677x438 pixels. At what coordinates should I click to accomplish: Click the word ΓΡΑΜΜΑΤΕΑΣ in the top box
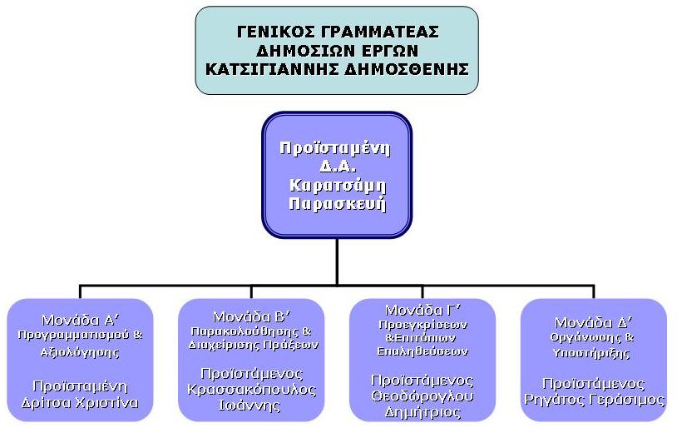pos(380,32)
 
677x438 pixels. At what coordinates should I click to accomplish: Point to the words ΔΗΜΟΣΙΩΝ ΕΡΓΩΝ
pos(337,51)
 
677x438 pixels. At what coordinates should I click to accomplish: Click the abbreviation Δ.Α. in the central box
pos(337,167)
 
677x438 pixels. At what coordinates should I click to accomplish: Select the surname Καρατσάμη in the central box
pos(338,186)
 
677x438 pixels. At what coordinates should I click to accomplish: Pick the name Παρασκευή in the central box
pos(337,204)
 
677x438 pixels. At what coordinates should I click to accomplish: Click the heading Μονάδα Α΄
pos(81,321)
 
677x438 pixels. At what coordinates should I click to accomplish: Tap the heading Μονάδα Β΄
pos(252,317)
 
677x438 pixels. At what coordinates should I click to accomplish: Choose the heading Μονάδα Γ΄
pos(423,310)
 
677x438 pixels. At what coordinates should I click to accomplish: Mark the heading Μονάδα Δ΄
pos(594,322)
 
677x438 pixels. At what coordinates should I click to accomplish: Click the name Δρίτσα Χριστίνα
pos(81,403)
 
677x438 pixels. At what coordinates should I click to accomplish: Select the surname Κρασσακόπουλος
pos(252,390)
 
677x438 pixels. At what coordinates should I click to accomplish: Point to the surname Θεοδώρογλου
pos(423,396)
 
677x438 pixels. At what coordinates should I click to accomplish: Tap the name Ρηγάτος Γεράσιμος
pos(594,400)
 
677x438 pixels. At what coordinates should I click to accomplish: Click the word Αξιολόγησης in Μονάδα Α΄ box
pos(81,352)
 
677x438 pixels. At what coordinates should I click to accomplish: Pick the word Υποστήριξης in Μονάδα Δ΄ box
pos(591,353)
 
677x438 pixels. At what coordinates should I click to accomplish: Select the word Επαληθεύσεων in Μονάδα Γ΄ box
pos(423,351)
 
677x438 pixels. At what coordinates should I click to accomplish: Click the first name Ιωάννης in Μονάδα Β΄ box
pos(250,406)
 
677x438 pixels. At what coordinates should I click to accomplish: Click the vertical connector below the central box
pos(337,261)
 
